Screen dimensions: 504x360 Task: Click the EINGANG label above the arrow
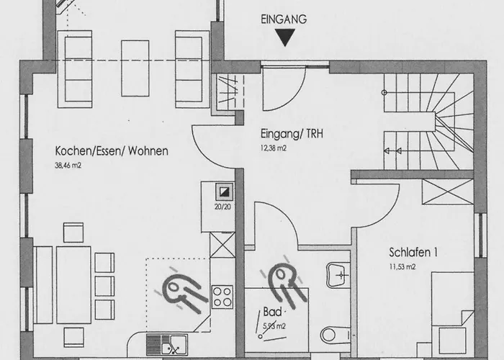284,19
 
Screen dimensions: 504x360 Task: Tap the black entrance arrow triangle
285,37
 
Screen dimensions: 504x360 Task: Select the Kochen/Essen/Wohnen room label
112,150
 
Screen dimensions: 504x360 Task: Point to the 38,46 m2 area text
68,166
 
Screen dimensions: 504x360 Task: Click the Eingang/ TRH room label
292,134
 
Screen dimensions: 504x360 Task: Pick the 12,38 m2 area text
273,148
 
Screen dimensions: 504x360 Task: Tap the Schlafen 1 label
413,252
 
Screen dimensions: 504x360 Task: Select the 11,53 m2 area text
402,267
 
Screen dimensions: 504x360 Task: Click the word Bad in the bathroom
272,312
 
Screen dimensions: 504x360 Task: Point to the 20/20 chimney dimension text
222,207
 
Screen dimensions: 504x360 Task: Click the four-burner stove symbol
222,297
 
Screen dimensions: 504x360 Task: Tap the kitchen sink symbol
167,345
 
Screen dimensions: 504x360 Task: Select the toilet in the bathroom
335,336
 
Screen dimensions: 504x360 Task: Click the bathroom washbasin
338,275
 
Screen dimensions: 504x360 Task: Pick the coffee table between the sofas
135,68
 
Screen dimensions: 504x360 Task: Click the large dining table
73,285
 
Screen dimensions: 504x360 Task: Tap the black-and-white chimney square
225,192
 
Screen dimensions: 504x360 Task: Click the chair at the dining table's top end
73,233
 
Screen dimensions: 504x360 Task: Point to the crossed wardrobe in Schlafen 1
448,192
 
